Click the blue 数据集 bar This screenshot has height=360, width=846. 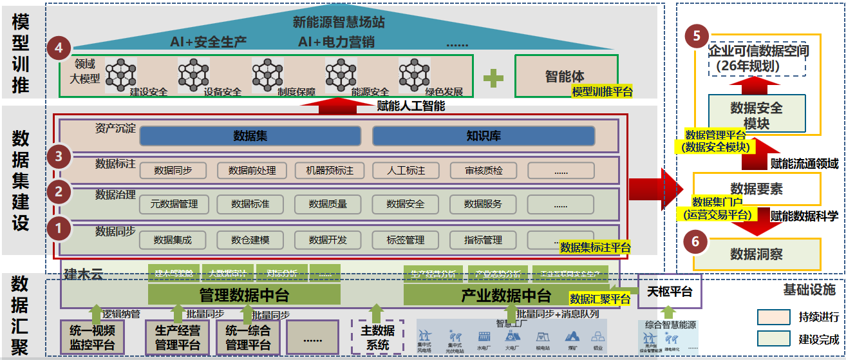250,136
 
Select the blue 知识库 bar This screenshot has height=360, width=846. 483,136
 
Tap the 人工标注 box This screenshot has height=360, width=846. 406,171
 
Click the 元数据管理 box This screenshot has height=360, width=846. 174,204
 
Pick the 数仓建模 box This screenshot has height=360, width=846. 250,240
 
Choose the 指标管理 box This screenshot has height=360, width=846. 483,240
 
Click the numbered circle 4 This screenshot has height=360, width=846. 59,48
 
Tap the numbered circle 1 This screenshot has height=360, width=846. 59,227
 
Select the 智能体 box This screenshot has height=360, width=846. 565,76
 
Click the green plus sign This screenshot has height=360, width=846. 493,77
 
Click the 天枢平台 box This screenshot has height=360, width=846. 668,292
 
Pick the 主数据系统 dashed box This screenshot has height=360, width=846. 377,337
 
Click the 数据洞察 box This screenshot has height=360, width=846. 757,254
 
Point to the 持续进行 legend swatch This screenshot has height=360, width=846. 773,317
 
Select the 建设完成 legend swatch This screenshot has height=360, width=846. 773,338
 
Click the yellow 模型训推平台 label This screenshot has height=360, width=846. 602,92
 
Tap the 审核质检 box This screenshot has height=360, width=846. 484,171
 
